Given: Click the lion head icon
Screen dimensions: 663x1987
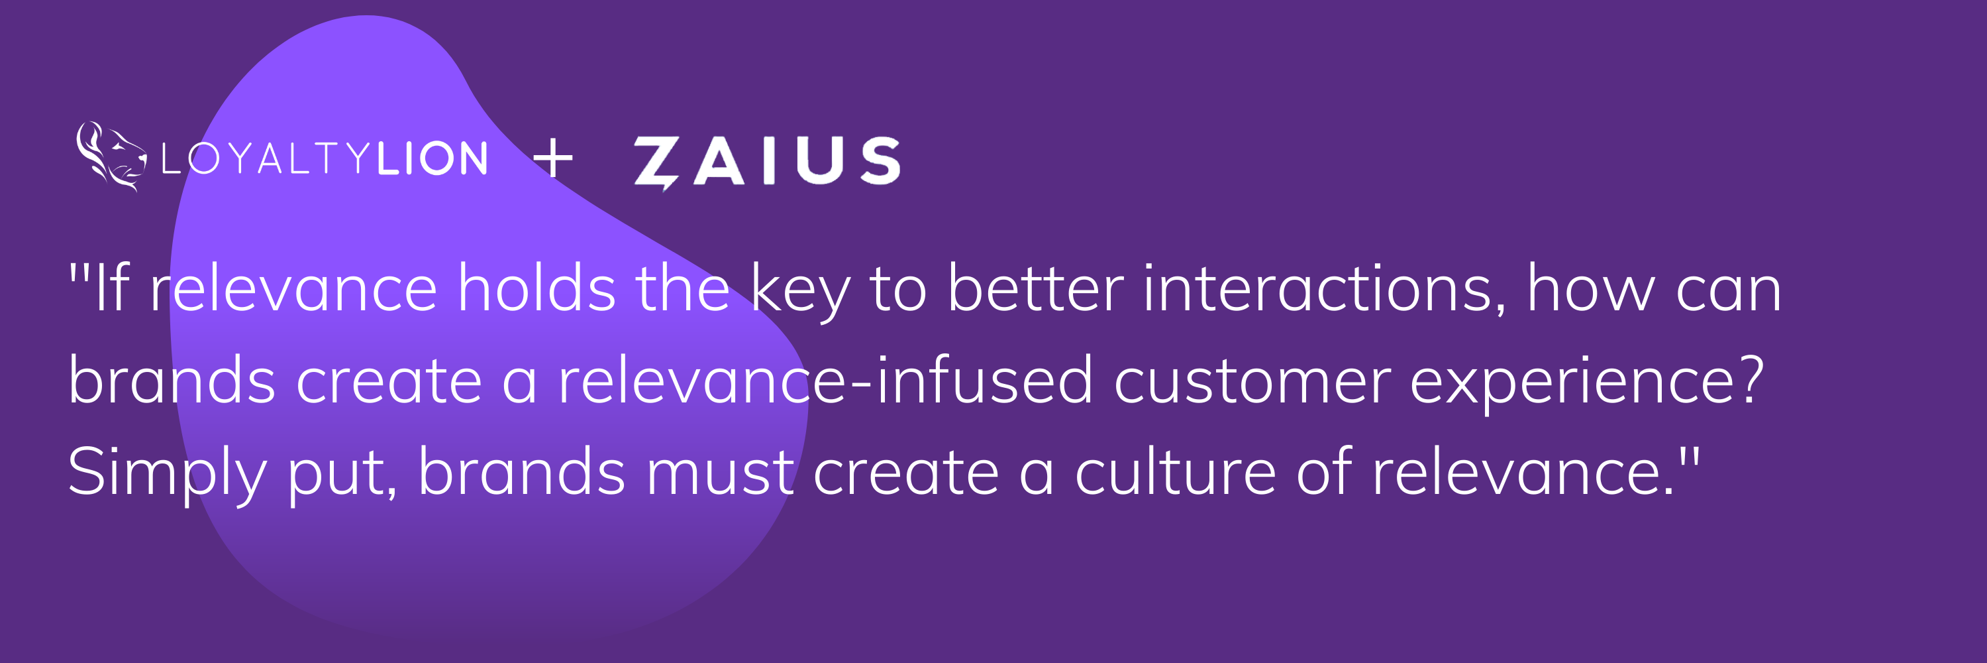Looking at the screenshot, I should pos(111,156).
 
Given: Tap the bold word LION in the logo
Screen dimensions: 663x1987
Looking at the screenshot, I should pos(433,159).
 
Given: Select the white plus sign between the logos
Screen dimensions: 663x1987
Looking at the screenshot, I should pos(553,159).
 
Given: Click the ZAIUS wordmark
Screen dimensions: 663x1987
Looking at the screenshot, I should pos(767,161).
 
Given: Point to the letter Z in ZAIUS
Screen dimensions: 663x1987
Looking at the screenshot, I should pos(656,162).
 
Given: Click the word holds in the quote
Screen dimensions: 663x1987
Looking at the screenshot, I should pos(536,288).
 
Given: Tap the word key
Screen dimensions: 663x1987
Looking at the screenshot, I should pos(800,292).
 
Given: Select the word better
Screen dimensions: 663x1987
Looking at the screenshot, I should pos(1035,288).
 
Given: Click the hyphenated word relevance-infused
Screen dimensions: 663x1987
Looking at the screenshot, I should pos(825,381).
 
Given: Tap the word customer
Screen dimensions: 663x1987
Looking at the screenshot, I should pos(1252,381).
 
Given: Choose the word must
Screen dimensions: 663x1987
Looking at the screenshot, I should pos(720,472).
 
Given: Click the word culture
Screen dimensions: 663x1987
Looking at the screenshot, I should pos(1176,472).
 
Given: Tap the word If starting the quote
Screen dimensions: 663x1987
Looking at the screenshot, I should pos(111,288).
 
